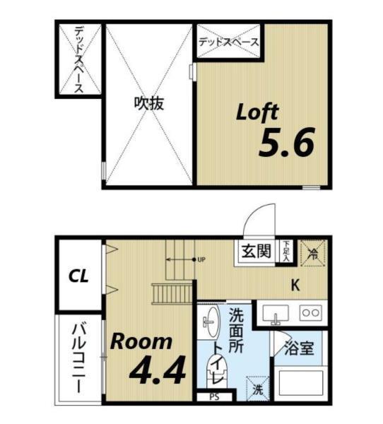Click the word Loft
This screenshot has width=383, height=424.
257,112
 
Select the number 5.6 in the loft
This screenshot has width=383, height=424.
285,145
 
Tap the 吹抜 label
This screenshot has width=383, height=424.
149,103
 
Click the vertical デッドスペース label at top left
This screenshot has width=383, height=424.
78,60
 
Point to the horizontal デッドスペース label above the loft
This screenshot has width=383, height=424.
228,42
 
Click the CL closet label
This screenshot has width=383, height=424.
78,276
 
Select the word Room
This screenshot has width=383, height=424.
141,342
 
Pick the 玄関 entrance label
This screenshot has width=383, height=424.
256,251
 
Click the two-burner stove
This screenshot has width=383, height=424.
310,312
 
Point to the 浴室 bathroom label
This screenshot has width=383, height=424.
299,348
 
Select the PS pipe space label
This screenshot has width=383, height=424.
213,396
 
